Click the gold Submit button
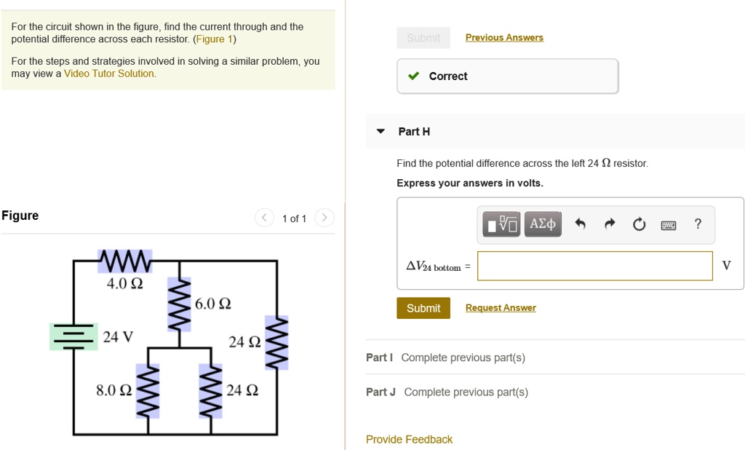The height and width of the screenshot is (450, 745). [x=423, y=308]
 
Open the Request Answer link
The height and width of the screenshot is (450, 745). [x=501, y=308]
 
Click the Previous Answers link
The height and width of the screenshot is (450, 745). [x=504, y=37]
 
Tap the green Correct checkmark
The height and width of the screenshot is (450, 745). [x=413, y=76]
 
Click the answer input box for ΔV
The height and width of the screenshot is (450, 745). [x=594, y=266]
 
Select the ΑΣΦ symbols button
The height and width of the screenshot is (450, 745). [x=542, y=224]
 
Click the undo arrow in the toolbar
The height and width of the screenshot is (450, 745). [x=580, y=224]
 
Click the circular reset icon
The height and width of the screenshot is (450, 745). [x=639, y=224]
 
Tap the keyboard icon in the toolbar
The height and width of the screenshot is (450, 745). [x=669, y=224]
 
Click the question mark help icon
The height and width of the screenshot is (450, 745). [x=698, y=224]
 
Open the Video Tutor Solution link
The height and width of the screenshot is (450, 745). [x=109, y=74]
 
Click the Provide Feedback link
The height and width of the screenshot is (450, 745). [x=409, y=439]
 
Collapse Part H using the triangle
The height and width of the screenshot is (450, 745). [x=381, y=132]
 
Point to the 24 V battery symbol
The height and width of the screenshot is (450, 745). [x=73, y=336]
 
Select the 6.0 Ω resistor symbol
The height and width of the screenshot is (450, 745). [x=179, y=303]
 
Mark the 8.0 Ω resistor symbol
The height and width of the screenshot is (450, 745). [x=149, y=391]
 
